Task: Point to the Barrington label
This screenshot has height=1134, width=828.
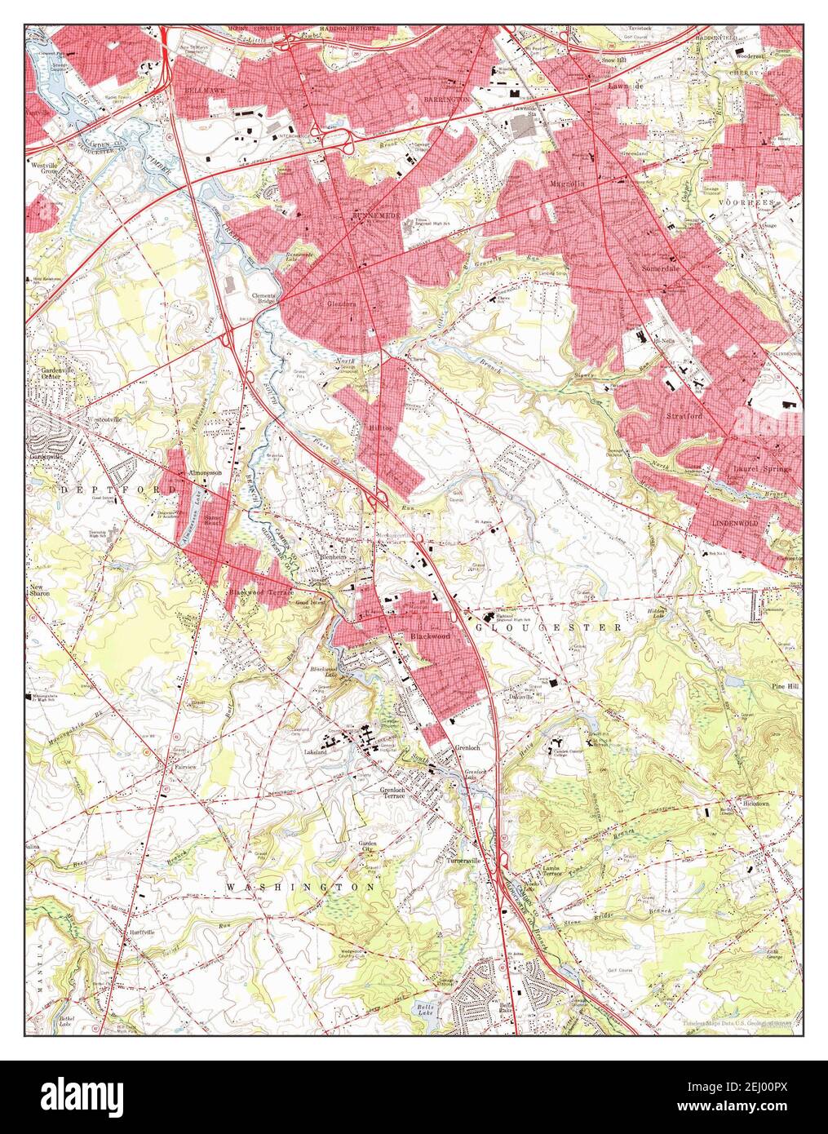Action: [x=446, y=98]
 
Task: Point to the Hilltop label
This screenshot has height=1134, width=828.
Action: [x=381, y=426]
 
